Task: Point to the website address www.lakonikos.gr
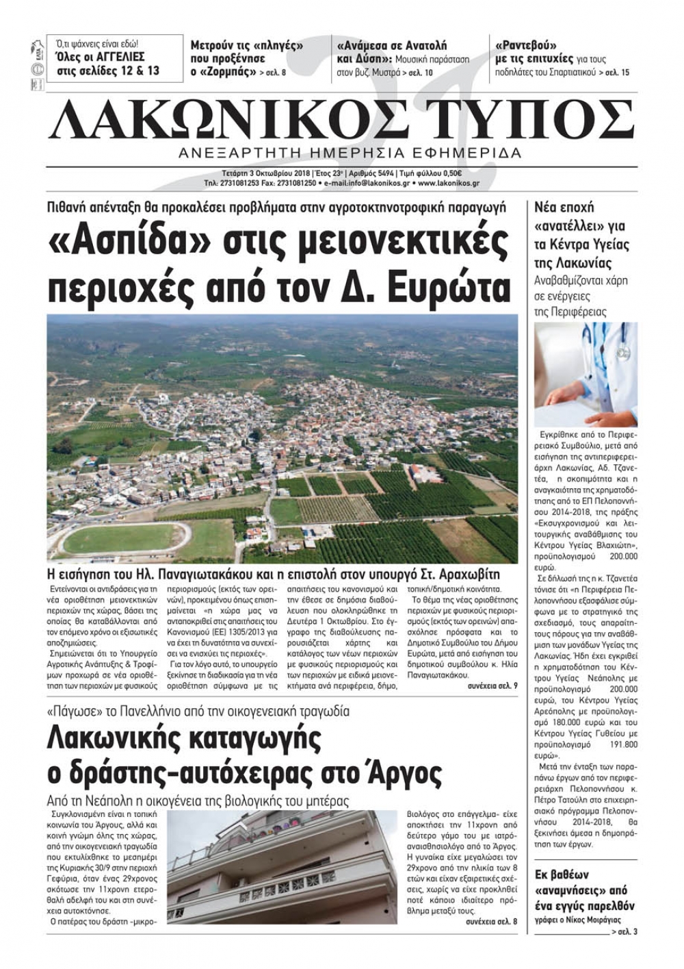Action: coord(448,184)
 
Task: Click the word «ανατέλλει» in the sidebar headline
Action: coord(579,226)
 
